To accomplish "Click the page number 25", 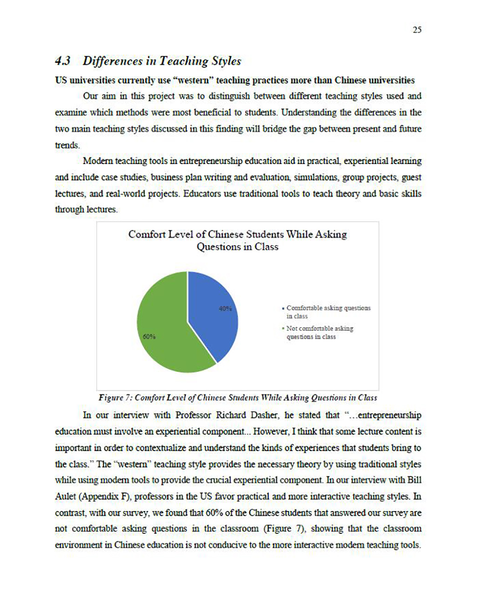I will (x=417, y=30).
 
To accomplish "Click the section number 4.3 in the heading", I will (x=62, y=61).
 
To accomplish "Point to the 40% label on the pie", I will (x=225, y=308).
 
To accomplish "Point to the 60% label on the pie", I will (x=149, y=336).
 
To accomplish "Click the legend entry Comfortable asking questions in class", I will (x=328, y=312).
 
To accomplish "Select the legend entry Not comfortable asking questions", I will (x=320, y=332).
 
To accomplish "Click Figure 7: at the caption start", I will (x=116, y=398).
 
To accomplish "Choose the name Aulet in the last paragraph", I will (x=65, y=496).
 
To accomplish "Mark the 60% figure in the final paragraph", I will (x=214, y=513).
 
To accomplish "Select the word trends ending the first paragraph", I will (x=67, y=145).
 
